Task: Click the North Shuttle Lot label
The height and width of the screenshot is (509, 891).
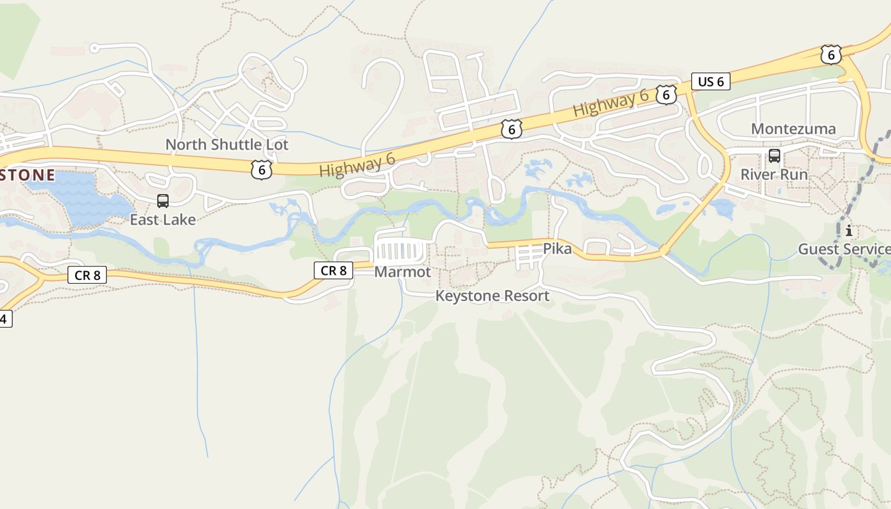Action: click(x=227, y=144)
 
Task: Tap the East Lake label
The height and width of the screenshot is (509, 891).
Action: click(x=163, y=220)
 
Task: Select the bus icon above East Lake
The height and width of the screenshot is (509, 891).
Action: click(x=163, y=201)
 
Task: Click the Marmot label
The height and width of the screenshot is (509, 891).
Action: click(x=402, y=272)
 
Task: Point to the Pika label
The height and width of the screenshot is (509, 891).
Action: click(x=557, y=249)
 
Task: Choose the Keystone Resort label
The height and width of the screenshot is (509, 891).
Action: click(x=492, y=296)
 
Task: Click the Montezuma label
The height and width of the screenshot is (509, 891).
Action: click(x=793, y=129)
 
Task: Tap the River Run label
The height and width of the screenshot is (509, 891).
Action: click(x=774, y=174)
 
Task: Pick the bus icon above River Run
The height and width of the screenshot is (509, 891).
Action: click(x=774, y=155)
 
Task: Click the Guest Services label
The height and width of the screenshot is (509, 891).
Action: click(x=844, y=249)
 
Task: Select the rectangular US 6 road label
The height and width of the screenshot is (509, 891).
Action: click(x=710, y=81)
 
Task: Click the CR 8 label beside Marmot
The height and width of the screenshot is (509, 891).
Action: click(x=333, y=270)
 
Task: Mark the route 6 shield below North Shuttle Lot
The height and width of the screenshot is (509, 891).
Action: click(x=261, y=169)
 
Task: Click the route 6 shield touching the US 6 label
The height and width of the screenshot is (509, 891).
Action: click(x=666, y=95)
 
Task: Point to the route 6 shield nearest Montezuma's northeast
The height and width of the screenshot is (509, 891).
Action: click(x=831, y=55)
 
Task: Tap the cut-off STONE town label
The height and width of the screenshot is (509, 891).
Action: click(x=27, y=175)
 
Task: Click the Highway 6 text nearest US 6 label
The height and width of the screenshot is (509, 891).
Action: click(x=610, y=103)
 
